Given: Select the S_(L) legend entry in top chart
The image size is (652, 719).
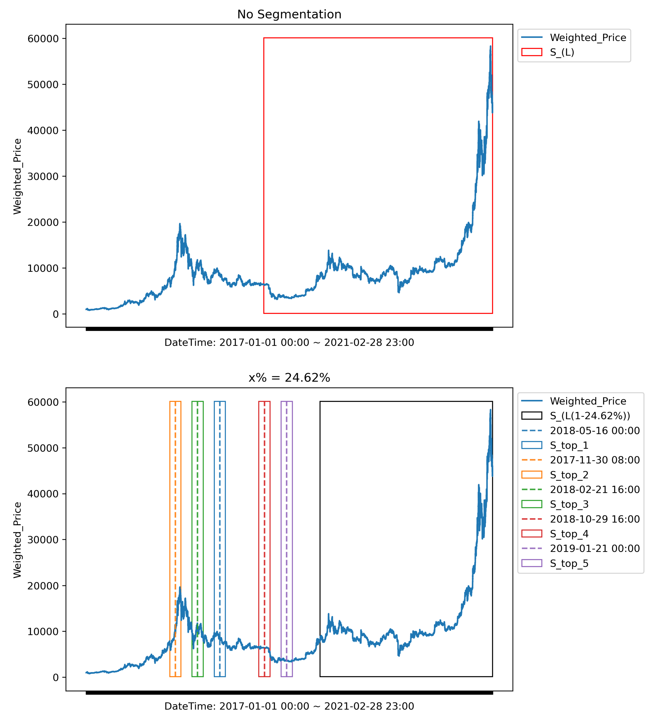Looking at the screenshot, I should click(x=562, y=52).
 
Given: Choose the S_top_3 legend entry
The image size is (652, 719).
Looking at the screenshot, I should click(x=569, y=504).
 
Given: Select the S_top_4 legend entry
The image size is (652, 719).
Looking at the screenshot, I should click(x=569, y=534).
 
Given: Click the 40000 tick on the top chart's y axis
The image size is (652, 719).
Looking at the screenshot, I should click(x=43, y=131).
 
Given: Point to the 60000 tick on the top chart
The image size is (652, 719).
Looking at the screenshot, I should click(x=43, y=38).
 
